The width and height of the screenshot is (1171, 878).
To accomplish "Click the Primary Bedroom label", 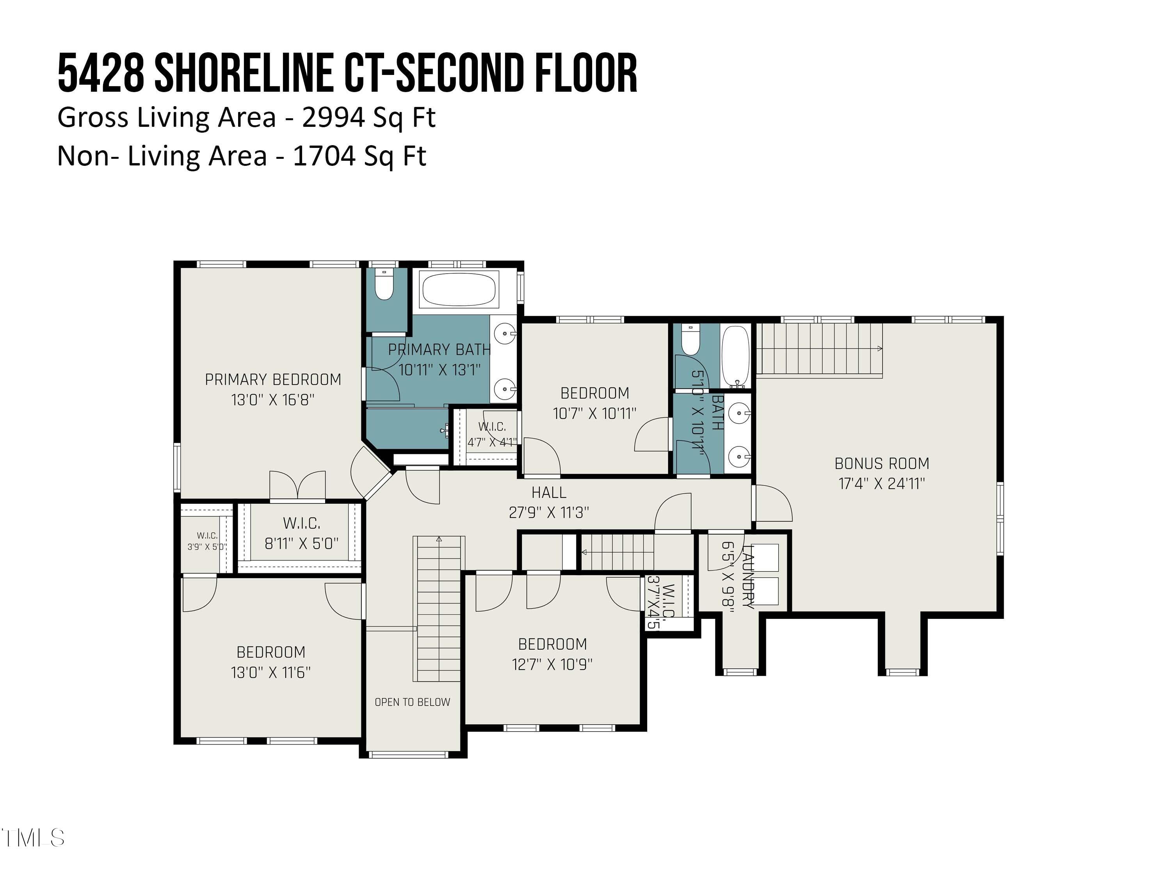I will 272,379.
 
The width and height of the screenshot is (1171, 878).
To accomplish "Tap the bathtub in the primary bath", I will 459,290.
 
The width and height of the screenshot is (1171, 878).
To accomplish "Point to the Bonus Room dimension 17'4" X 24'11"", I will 882,483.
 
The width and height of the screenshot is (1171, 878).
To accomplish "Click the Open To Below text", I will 413,702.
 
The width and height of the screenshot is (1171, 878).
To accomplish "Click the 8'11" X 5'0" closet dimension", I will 301,544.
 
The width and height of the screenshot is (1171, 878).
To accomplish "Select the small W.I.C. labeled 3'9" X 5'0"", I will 207,541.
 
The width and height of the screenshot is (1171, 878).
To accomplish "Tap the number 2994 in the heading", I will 333,117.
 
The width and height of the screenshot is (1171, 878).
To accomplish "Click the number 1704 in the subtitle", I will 324,156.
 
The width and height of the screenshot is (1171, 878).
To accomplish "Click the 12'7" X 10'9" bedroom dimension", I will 552,664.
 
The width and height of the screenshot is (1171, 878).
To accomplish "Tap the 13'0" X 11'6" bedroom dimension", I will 271,672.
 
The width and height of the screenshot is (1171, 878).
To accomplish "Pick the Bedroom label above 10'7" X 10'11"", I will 594,393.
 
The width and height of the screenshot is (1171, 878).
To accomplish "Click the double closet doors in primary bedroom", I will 297,485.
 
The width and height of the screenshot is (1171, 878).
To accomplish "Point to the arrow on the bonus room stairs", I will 879,349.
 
